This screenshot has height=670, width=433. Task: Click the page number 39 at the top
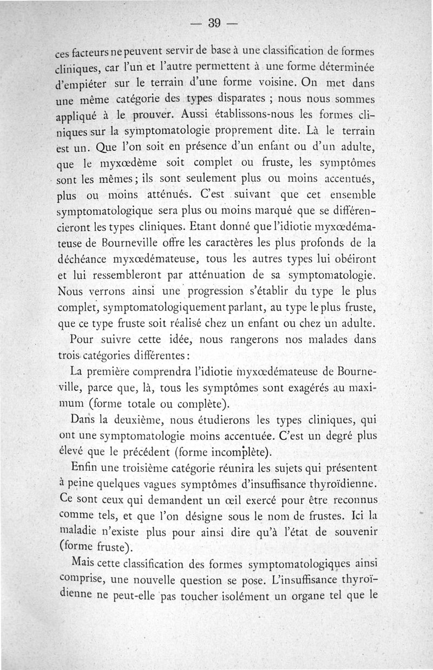coord(216,23)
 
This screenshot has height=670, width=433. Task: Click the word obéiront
coord(353,257)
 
